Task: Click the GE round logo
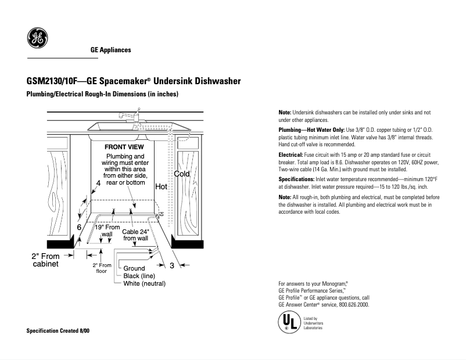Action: (37, 38)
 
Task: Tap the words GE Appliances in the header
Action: (110, 50)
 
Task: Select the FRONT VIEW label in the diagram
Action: (124, 147)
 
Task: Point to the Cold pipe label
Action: (182, 174)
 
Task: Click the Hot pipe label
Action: (161, 187)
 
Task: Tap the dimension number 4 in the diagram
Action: (98, 183)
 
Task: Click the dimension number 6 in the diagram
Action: (79, 227)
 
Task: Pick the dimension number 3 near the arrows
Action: (172, 265)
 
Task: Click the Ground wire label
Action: (134, 268)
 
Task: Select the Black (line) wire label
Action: (139, 276)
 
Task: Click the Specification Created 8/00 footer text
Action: (58, 330)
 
